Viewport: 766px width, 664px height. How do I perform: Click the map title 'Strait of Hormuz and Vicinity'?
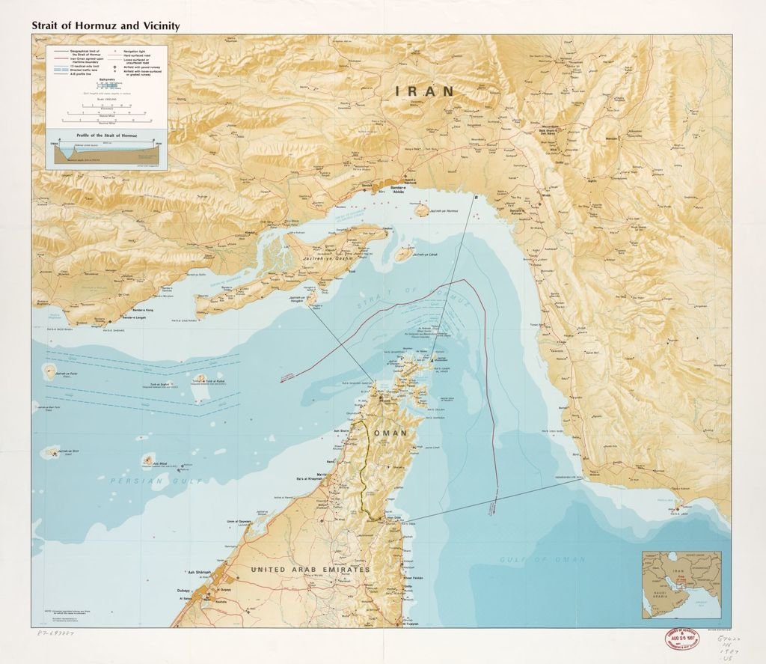point(105,25)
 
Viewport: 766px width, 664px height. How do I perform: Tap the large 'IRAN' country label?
point(425,91)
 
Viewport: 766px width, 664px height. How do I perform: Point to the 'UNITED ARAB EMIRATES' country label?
point(310,570)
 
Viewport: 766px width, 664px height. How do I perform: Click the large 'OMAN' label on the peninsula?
point(390,433)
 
